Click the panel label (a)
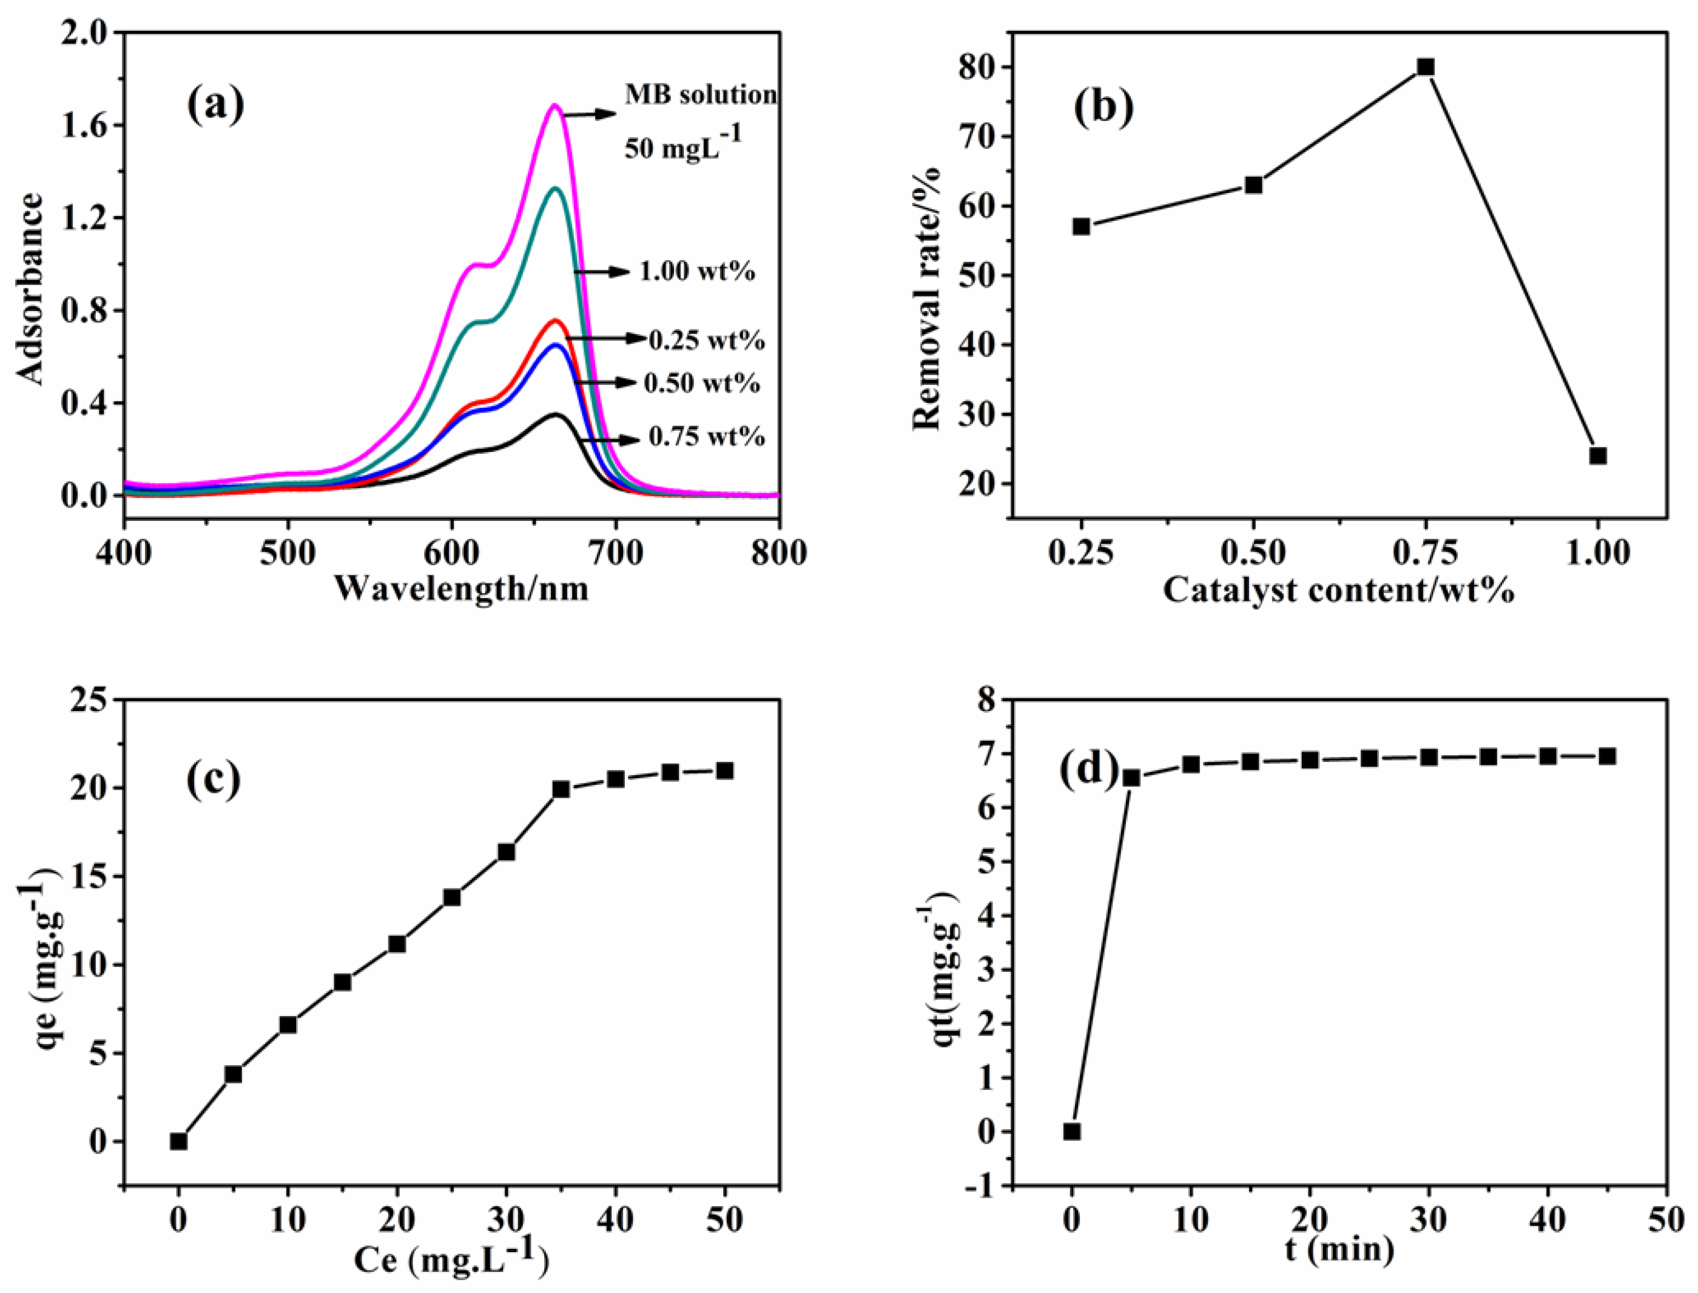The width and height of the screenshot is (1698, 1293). tap(216, 105)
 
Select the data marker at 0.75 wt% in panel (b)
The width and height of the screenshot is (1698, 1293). tap(1425, 67)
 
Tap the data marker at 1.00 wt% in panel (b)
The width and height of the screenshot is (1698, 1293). tap(1598, 455)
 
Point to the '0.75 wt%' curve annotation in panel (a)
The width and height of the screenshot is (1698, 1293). tap(706, 437)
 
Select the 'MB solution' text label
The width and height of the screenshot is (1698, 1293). tap(700, 95)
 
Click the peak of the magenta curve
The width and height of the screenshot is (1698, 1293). tap(554, 105)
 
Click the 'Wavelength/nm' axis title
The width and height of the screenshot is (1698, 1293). tap(461, 589)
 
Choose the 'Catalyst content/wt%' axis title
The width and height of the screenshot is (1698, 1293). tap(1339, 590)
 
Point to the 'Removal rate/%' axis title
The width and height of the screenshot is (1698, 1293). tap(927, 299)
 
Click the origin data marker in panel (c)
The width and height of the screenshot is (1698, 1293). tap(179, 1141)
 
